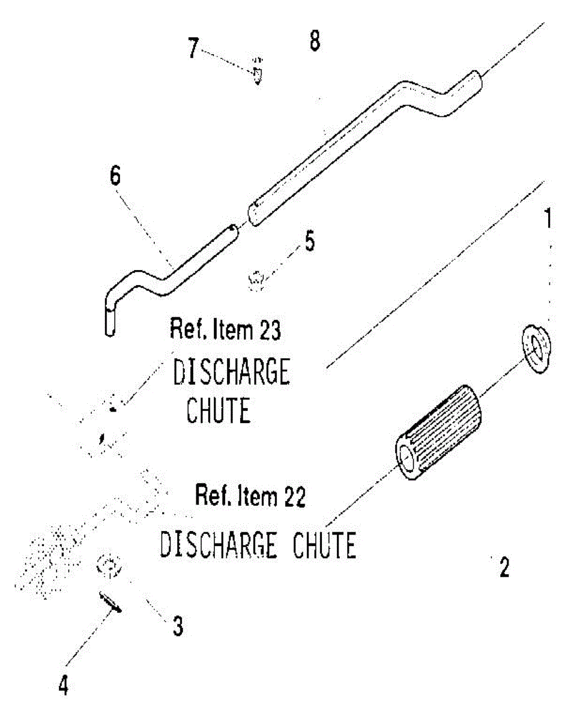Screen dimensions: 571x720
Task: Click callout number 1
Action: pos(548,218)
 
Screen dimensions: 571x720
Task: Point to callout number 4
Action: pos(63,685)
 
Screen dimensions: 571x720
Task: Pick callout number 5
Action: pos(310,241)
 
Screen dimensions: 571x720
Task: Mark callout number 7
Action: pos(193,48)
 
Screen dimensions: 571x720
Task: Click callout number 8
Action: pos(315,40)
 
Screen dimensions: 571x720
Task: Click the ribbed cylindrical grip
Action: pos(440,432)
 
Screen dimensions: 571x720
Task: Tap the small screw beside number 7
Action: pos(257,72)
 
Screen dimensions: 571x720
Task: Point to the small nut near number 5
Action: pos(256,280)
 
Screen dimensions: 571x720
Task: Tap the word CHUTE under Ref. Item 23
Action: pos(219,410)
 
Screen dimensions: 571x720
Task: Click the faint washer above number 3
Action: pos(109,567)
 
